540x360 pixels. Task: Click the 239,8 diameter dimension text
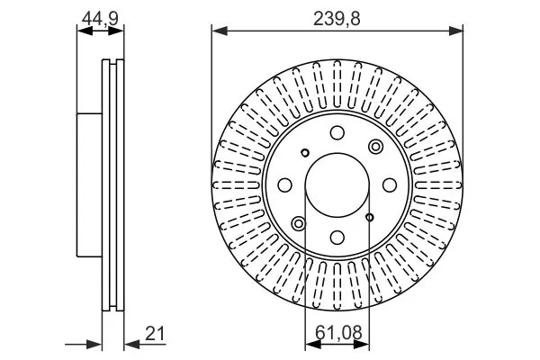[x=337, y=19]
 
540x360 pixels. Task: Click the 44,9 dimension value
[x=100, y=18]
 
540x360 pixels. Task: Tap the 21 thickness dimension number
[x=155, y=334]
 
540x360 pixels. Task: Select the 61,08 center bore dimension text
[x=338, y=333]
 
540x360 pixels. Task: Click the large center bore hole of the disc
[x=337, y=185]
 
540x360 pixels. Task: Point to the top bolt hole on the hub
[x=337, y=133]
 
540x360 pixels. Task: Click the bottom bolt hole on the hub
[x=337, y=237]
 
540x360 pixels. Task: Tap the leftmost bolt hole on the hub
[x=285, y=185]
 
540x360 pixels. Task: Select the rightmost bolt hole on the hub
[x=390, y=185]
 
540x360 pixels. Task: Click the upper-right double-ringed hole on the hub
[x=375, y=147]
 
